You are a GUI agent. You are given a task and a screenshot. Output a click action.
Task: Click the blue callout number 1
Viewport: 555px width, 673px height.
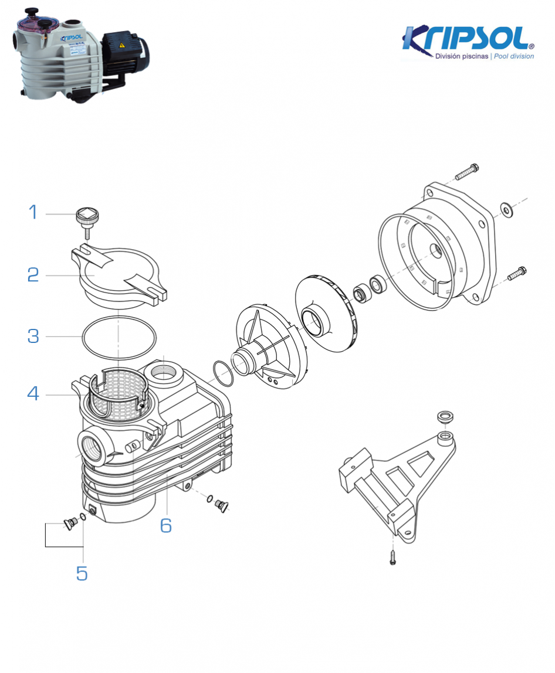[x=33, y=212]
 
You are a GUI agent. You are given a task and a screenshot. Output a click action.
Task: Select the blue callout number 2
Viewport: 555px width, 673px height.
[x=33, y=274]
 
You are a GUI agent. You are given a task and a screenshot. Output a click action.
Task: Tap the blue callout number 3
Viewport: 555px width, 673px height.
[x=33, y=336]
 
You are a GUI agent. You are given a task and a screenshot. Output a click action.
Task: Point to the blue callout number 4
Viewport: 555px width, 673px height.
[x=33, y=393]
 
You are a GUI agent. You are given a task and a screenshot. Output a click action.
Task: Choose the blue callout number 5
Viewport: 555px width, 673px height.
[x=82, y=573]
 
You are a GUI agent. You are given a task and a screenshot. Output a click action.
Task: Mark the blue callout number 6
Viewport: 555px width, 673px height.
[x=166, y=525]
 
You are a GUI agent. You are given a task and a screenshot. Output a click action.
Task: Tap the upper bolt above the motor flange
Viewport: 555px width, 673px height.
[x=467, y=172]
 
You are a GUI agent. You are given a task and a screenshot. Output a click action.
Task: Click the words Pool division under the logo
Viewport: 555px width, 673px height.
[x=513, y=56]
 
